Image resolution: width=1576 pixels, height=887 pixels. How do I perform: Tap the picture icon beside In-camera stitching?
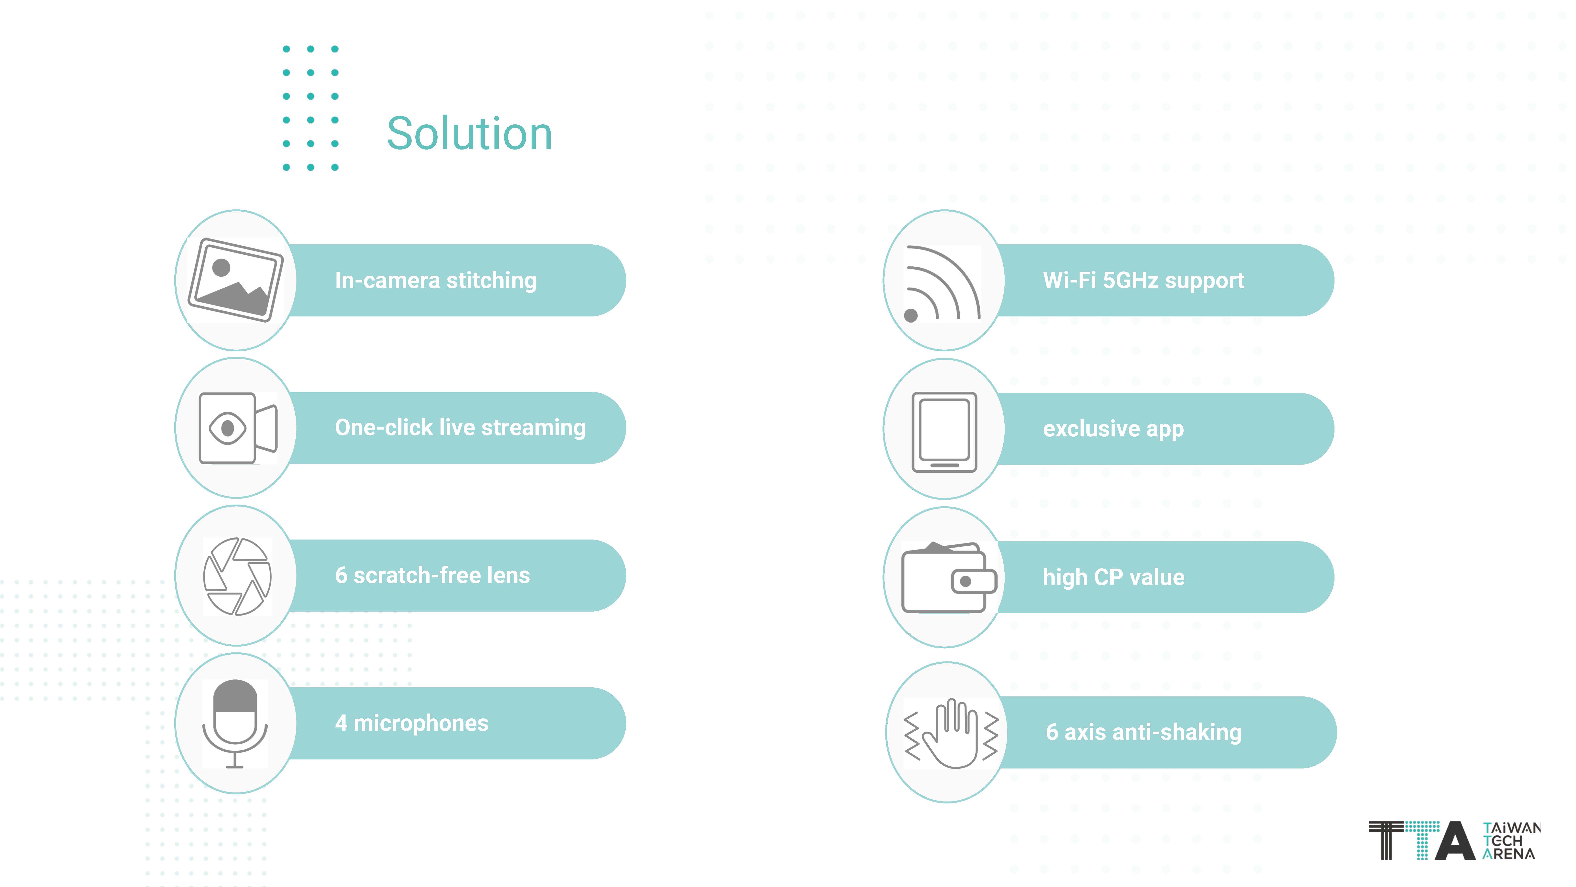tap(236, 280)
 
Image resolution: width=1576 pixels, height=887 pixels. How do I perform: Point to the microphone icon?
tap(235, 723)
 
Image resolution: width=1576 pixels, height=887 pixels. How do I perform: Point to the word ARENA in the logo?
tap(1509, 853)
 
